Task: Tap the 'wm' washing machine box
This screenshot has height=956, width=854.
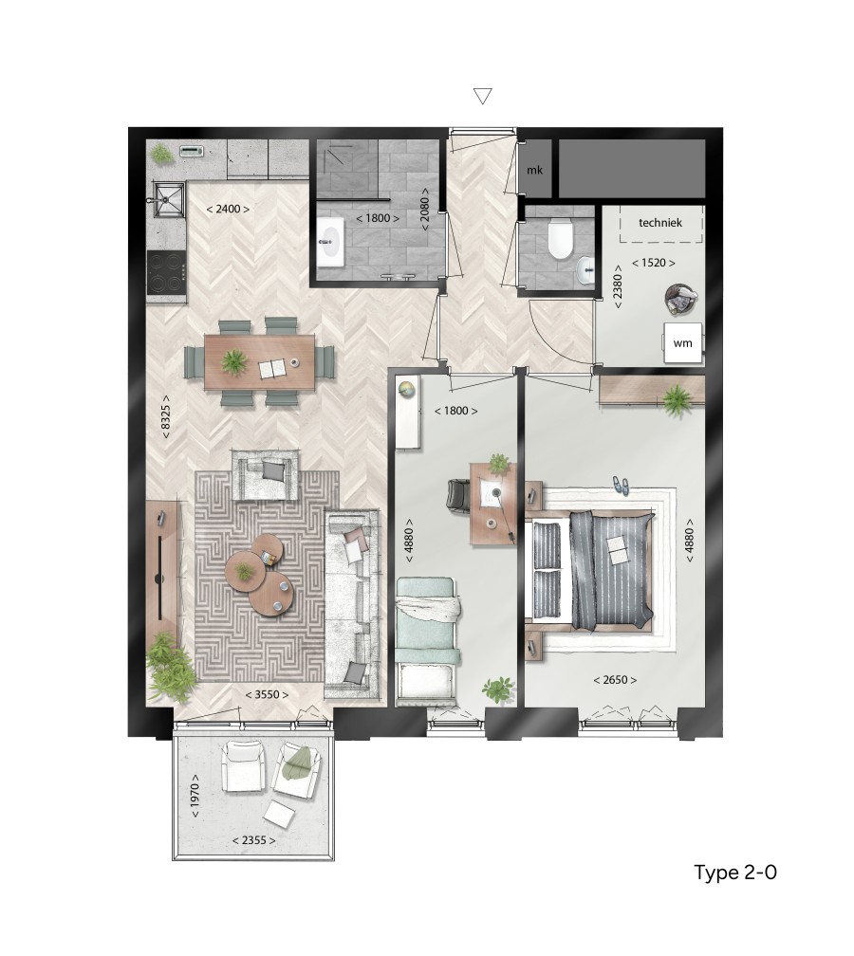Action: coord(682,343)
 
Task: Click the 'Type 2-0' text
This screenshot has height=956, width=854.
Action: coord(735,873)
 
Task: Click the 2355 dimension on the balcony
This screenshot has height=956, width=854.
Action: coord(253,840)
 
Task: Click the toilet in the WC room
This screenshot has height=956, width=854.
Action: coord(560,240)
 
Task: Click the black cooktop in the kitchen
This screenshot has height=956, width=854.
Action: coord(167,273)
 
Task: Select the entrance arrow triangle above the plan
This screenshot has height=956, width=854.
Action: coord(483,96)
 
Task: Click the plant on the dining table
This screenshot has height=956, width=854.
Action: coord(233,361)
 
